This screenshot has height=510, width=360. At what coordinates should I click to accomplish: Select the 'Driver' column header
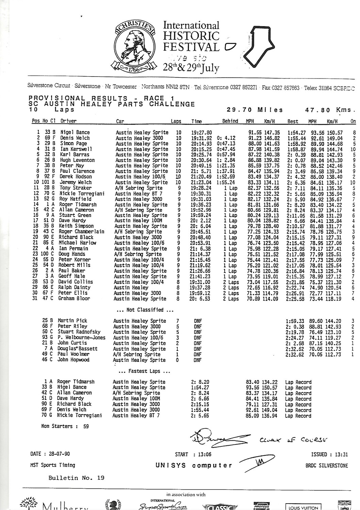pyautogui.click(x=68, y=121)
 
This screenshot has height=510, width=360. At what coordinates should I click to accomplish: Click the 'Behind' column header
pyautogui.click(x=230, y=121)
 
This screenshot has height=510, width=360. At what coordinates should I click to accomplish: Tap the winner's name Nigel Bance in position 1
pyautogui.click(x=75, y=132)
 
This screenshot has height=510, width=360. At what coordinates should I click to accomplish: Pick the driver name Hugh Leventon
pyautogui.click(x=77, y=160)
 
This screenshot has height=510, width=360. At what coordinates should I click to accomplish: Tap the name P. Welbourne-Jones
pyautogui.click(x=81, y=338)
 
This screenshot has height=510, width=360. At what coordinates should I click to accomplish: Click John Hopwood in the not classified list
pyautogui.click(x=73, y=360)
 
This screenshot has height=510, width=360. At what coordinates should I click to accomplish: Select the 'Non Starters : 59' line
pyautogui.click(x=65, y=426)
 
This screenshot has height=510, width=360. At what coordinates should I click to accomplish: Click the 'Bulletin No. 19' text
pyautogui.click(x=76, y=478)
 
